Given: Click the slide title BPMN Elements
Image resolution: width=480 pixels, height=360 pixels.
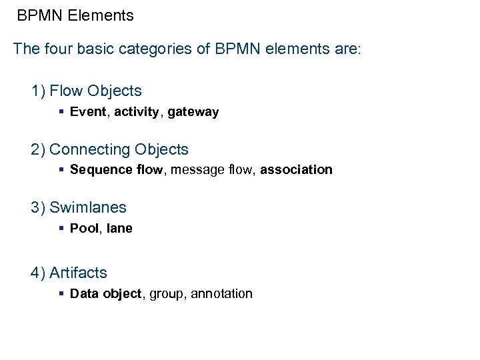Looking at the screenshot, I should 75,15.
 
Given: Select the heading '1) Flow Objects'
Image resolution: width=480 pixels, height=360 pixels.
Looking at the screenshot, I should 86,91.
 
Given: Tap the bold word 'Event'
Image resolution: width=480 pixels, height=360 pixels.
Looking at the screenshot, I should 88,112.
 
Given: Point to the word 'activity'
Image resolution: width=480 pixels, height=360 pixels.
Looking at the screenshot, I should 137,112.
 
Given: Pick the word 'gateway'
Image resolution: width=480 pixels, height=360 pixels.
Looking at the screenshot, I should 193,112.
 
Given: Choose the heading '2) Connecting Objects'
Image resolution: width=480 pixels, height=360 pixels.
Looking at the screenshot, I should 109,149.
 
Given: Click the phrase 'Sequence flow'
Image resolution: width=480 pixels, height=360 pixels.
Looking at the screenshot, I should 116,169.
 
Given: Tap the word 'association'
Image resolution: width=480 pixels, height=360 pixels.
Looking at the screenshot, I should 296,169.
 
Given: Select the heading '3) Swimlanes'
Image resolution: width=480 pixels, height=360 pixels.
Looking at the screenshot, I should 78,207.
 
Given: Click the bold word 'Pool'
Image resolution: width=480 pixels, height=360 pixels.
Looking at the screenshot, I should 84,228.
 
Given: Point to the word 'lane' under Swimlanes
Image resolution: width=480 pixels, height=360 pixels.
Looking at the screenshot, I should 119,228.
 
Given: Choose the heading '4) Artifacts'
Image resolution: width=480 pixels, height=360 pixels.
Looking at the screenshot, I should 69,273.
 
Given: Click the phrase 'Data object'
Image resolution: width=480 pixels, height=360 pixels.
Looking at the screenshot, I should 106,293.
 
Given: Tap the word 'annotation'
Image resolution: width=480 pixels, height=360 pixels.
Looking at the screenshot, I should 222,293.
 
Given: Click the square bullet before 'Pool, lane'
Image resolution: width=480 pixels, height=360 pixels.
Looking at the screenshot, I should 61,228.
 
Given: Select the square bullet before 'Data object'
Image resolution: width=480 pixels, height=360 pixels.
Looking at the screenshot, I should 61,293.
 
